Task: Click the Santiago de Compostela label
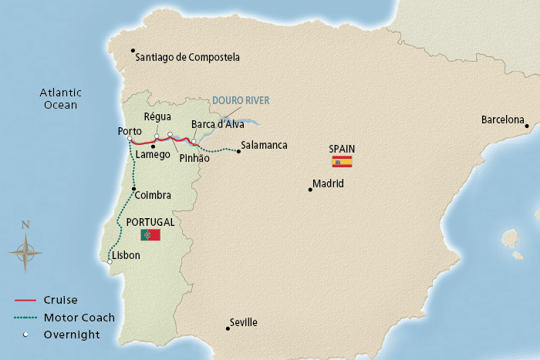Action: click(x=187, y=57)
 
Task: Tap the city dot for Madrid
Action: click(x=310, y=190)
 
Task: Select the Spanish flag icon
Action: click(x=342, y=161)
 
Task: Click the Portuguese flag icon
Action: click(x=150, y=234)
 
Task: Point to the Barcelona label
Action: click(x=503, y=119)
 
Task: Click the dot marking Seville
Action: click(x=228, y=328)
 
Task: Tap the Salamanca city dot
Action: click(x=238, y=151)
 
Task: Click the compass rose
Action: click(x=25, y=251)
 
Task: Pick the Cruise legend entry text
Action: click(x=61, y=300)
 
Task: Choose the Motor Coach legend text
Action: click(x=79, y=317)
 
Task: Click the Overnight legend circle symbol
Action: click(x=25, y=335)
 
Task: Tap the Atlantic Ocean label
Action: click(x=61, y=99)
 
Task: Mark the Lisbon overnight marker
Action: click(x=110, y=262)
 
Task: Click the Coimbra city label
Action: click(x=154, y=196)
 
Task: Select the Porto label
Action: click(x=129, y=131)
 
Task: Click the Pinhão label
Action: click(x=194, y=158)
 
